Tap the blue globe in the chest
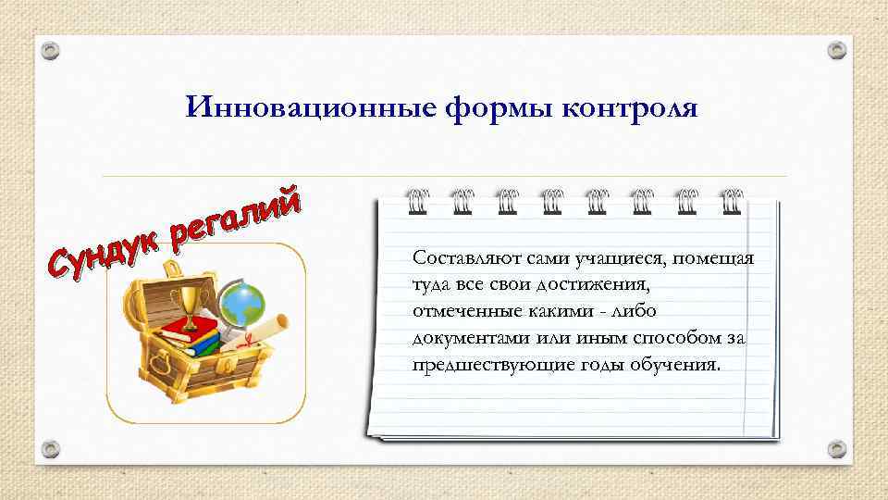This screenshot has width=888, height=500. pos(242,302)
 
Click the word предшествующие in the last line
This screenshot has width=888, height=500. pos(476,364)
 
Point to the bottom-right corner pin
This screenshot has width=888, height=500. pos(837,449)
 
